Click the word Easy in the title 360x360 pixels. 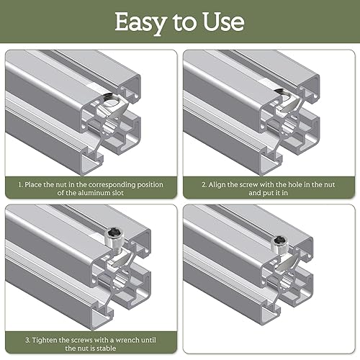pyautogui.click(x=140, y=23)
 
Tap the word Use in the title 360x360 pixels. pyautogui.click(x=223, y=22)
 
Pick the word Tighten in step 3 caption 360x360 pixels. pyautogui.click(x=45, y=340)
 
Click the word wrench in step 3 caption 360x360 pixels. pyautogui.click(x=127, y=340)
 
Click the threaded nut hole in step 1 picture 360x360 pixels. pyautogui.click(x=111, y=99)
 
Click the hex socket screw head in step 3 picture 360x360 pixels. pyautogui.click(x=112, y=233)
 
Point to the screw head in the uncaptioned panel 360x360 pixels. pyautogui.click(x=279, y=240)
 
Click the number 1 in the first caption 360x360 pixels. pyautogui.click(x=20, y=185)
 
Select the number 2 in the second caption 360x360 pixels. pyautogui.click(x=204, y=185)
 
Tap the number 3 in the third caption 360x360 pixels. pyautogui.click(x=27, y=341)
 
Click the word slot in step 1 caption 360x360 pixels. pyautogui.click(x=118, y=193)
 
